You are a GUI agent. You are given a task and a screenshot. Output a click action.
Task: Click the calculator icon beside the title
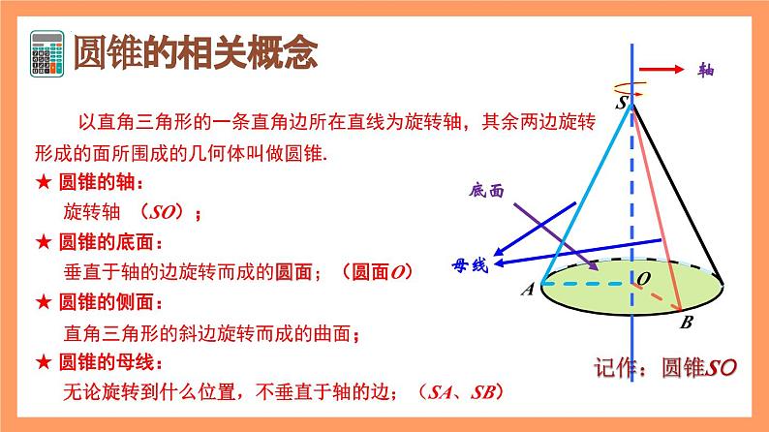[x=48, y=54]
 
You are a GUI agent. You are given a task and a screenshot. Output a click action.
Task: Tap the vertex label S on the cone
[x=620, y=101]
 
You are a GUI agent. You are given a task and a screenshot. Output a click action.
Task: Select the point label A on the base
[x=527, y=289]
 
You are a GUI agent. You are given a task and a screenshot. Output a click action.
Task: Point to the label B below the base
[x=686, y=324]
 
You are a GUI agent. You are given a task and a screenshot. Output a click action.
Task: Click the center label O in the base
[x=643, y=279]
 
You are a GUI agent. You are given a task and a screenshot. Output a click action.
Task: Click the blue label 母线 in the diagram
[x=473, y=264]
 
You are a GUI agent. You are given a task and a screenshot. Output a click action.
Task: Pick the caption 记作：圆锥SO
[x=667, y=368]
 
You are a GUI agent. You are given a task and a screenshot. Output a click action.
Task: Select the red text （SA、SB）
[x=456, y=392]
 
